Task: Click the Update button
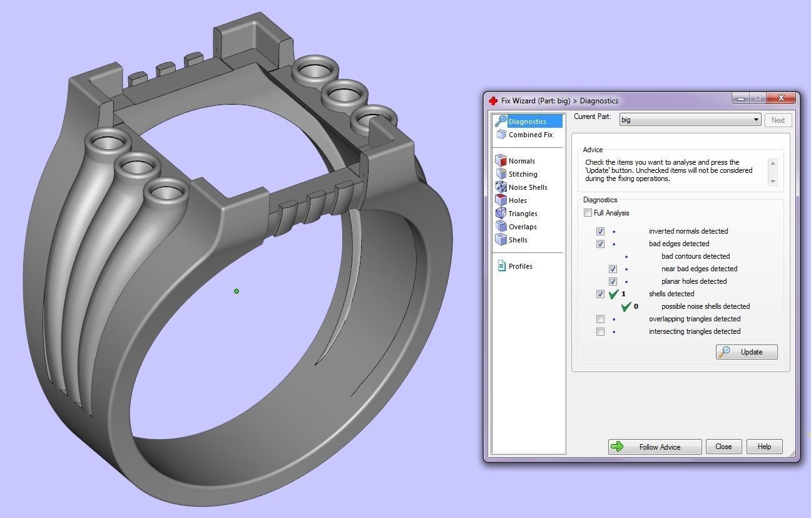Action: pyautogui.click(x=747, y=352)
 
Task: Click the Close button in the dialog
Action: pyautogui.click(x=723, y=447)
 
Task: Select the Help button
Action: pyautogui.click(x=764, y=447)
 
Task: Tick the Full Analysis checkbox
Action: pyautogui.click(x=588, y=213)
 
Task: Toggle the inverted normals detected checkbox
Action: pyautogui.click(x=600, y=231)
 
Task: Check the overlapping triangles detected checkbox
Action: pyautogui.click(x=600, y=319)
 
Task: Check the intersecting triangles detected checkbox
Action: pyautogui.click(x=600, y=331)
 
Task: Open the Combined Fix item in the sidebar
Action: pyautogui.click(x=530, y=135)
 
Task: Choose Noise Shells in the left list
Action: pyautogui.click(x=528, y=187)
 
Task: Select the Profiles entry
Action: pyautogui.click(x=520, y=266)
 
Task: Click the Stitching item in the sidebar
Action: pyautogui.click(x=523, y=174)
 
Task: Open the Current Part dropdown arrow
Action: pyautogui.click(x=756, y=120)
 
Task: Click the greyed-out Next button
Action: pyautogui.click(x=778, y=120)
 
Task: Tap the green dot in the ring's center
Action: pyautogui.click(x=237, y=291)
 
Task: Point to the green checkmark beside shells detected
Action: pyautogui.click(x=613, y=294)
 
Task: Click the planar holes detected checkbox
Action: pyautogui.click(x=613, y=281)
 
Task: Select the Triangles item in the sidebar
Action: pyautogui.click(x=523, y=214)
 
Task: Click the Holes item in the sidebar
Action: pyautogui.click(x=518, y=200)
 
